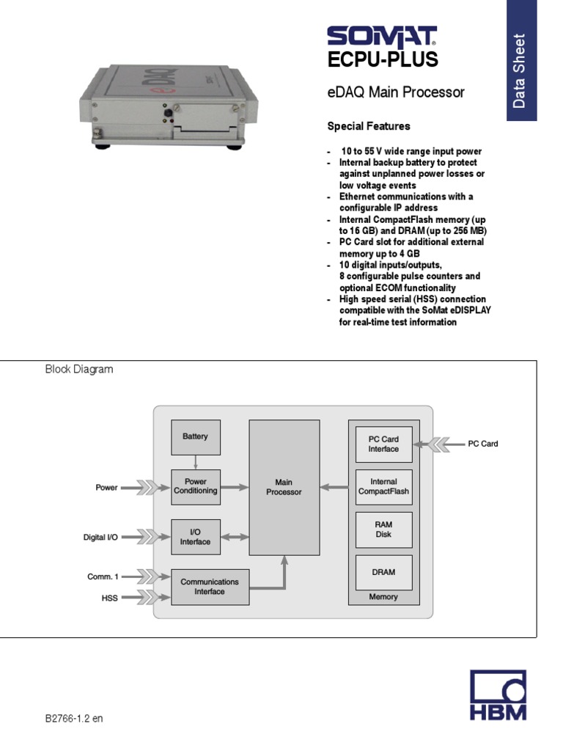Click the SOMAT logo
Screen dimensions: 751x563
tap(381, 37)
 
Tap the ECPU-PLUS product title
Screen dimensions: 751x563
tap(382, 60)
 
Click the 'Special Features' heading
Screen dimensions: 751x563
tap(368, 126)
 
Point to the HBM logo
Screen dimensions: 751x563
tap(498, 697)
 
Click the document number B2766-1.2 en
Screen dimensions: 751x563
tap(74, 718)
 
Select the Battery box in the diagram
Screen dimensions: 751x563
tap(195, 437)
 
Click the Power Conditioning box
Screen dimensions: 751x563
tap(195, 487)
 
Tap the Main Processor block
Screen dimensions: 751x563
tap(284, 487)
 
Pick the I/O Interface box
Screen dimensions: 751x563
tap(195, 537)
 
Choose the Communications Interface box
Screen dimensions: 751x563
tap(210, 587)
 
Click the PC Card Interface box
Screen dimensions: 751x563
tap(383, 444)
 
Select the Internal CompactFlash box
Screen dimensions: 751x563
tap(383, 487)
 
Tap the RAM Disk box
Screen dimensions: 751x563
tap(383, 530)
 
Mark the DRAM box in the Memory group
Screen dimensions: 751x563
tap(383, 572)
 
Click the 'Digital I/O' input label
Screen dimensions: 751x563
tap(100, 538)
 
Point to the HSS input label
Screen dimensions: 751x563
tap(109, 598)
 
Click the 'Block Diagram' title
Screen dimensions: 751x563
tap(79, 370)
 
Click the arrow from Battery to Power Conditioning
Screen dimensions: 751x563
tap(195, 462)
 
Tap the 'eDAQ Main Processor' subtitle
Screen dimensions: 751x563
tap(395, 93)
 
